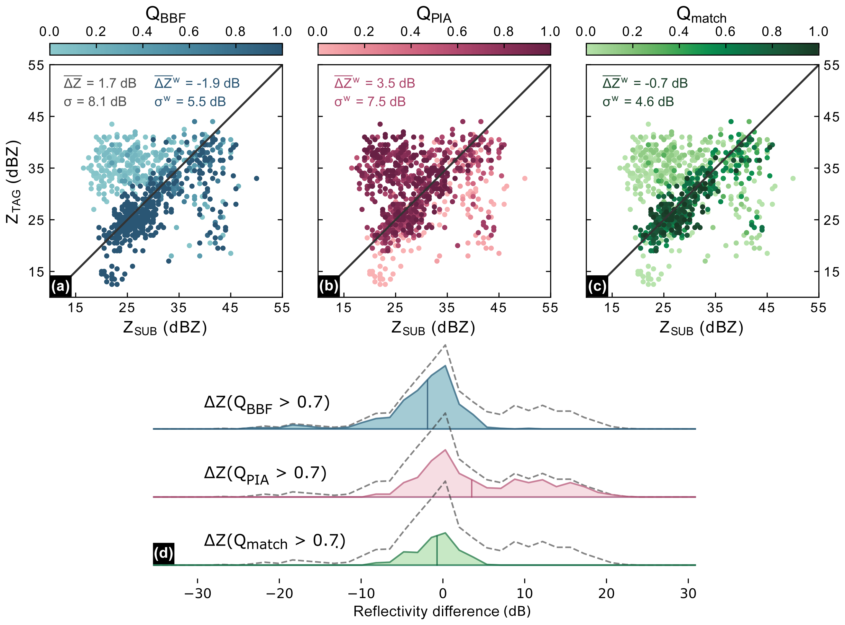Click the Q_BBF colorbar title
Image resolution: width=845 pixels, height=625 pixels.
[165, 15]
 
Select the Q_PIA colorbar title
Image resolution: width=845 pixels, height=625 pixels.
[434, 15]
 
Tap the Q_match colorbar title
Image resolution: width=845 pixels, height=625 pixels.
[701, 15]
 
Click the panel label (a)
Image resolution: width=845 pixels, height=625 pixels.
[60, 286]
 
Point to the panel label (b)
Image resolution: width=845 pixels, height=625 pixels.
[328, 286]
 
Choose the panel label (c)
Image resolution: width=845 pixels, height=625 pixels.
[597, 286]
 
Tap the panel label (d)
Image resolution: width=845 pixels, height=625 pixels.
[163, 554]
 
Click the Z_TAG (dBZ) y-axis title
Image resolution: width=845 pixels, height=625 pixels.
[13, 182]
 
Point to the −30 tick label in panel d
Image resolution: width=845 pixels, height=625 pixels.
[197, 593]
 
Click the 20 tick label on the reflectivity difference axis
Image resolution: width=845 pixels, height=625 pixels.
[606, 593]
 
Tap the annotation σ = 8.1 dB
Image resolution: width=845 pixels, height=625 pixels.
[95, 102]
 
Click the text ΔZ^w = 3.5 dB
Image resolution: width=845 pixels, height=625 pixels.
[374, 83]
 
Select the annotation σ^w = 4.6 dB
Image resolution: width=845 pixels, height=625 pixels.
[638, 102]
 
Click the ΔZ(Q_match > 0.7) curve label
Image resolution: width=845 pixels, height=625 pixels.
[275, 541]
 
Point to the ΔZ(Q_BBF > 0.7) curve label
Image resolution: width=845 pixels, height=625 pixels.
[267, 403]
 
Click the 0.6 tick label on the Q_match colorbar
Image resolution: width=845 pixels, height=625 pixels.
[725, 32]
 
